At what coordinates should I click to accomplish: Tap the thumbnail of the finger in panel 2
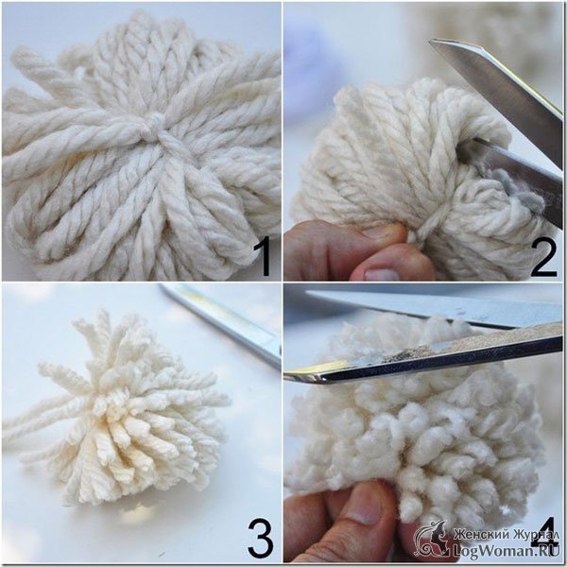381,274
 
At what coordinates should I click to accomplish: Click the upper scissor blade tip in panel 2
433,43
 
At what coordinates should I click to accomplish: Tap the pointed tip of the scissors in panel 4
287,377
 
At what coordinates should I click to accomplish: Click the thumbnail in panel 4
365,505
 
